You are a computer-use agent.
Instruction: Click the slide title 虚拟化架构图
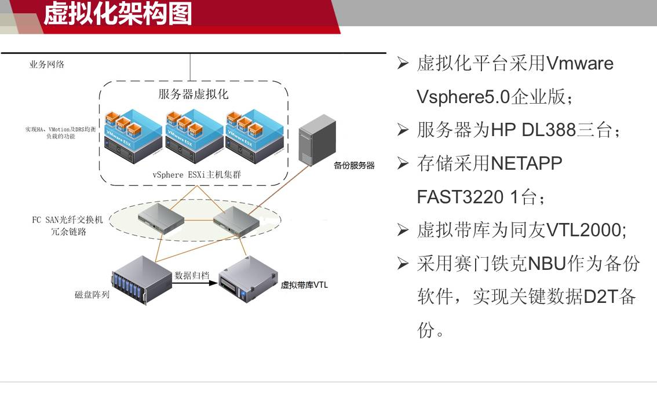point(118,14)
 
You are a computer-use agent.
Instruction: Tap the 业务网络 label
point(47,64)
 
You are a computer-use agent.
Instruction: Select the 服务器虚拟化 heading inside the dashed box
point(193,94)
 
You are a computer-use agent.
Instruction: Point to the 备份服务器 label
point(354,166)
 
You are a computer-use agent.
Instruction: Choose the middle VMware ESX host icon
point(194,134)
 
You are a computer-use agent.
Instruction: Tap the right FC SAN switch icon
point(235,222)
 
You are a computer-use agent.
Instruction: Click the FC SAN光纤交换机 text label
point(67,220)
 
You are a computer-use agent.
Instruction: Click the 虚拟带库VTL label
point(304,285)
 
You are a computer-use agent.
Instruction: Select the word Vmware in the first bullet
point(580,63)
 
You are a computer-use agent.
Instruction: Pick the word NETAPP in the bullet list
point(526,164)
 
